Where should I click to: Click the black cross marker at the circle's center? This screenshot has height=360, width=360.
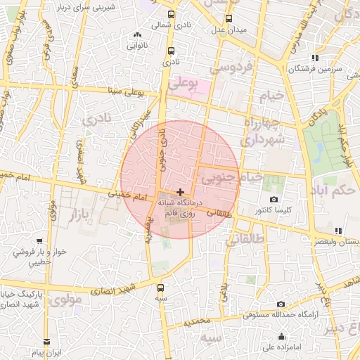[181, 191]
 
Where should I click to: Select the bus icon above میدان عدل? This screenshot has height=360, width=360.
[228, 19]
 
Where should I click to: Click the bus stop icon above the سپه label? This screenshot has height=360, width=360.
[162, 287]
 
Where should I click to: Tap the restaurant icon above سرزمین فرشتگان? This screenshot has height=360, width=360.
[316, 58]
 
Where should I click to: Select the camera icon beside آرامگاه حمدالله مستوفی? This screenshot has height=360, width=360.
[261, 304]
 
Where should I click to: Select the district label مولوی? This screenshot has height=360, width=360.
[66, 300]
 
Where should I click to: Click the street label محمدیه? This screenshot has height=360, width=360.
[196, 321]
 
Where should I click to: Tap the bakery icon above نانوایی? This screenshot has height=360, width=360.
[136, 34]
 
